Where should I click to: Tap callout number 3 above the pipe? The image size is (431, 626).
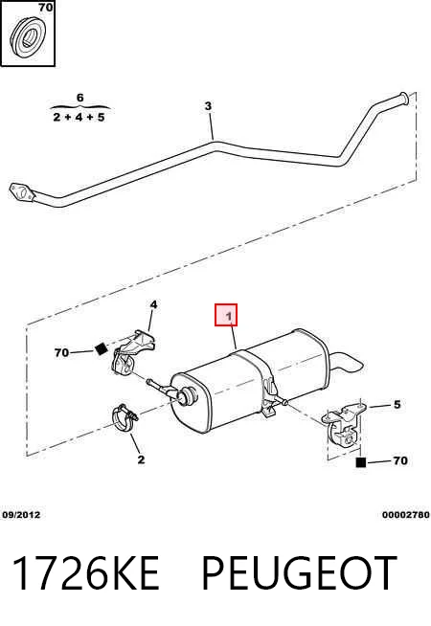208,106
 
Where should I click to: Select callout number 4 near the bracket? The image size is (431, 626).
153,305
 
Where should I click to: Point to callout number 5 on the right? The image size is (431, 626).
397,405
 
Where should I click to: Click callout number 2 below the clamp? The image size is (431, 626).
141,459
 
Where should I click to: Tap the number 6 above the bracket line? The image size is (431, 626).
79,98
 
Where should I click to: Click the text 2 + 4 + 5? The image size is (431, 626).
79,118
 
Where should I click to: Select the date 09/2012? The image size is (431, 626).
22,515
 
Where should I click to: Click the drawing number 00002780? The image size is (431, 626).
406,515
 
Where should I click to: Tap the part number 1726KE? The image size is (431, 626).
86,573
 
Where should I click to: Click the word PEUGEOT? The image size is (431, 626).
300,573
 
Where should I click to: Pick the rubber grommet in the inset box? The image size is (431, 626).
28,38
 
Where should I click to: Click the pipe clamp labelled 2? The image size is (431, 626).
124,417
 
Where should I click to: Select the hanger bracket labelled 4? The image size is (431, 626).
133,351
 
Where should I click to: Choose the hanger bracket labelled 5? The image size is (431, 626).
344,425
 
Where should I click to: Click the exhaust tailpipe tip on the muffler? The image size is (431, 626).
349,362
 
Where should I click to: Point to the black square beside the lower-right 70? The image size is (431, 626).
361,462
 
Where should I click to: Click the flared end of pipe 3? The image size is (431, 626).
402,99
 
